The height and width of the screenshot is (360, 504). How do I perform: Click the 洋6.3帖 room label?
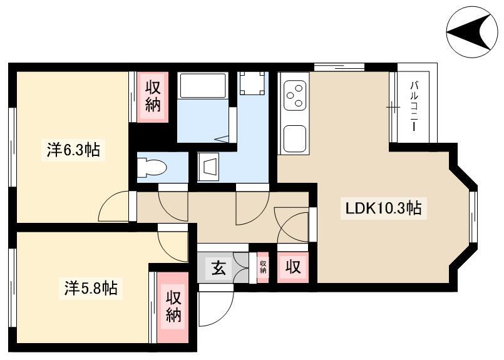point(73,150)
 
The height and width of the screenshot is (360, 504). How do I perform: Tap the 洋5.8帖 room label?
point(91,288)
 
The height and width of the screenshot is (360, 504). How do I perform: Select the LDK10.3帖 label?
point(383,208)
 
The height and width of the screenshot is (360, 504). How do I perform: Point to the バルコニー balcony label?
point(414,106)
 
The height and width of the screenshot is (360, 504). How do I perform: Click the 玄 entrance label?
point(219,267)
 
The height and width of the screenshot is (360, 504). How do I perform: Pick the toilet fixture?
point(152,168)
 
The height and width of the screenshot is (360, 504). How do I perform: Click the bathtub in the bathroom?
point(203,86)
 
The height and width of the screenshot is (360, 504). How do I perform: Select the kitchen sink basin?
point(294,136)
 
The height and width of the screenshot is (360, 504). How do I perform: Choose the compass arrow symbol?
point(470,32)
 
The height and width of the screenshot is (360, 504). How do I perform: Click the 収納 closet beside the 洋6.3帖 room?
point(153,97)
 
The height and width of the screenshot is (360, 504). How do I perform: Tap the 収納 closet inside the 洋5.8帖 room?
point(173,307)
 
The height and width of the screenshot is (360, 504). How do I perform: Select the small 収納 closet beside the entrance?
point(263,267)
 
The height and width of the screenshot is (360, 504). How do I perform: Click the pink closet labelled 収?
point(293,267)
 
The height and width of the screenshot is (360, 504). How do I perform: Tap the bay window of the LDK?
point(473,217)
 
